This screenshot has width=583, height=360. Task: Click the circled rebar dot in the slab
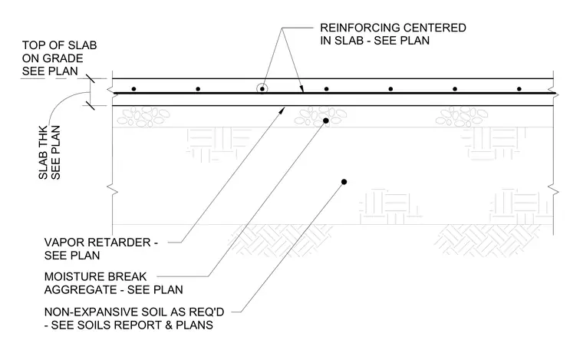262,89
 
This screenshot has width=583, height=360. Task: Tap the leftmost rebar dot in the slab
133,89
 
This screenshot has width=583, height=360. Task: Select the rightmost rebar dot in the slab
519,89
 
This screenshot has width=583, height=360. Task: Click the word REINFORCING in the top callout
359,28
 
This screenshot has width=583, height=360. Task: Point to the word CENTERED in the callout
435,28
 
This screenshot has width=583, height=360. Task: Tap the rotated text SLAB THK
43,154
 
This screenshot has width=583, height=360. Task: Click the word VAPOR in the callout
61,243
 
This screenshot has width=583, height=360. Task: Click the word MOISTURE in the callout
74,276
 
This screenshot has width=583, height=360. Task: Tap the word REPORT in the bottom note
138,325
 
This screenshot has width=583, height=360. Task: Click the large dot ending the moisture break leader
326,121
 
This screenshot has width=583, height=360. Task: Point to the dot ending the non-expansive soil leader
344,182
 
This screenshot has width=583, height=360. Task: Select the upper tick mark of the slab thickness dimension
90,78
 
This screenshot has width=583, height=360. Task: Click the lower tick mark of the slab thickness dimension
90,106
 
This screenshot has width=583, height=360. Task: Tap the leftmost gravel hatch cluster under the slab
143,117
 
